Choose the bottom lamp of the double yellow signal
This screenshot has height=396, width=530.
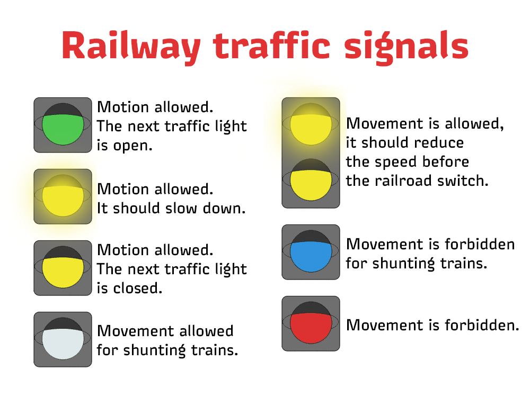(311, 180)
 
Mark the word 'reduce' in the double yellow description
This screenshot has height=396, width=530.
(439, 143)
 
